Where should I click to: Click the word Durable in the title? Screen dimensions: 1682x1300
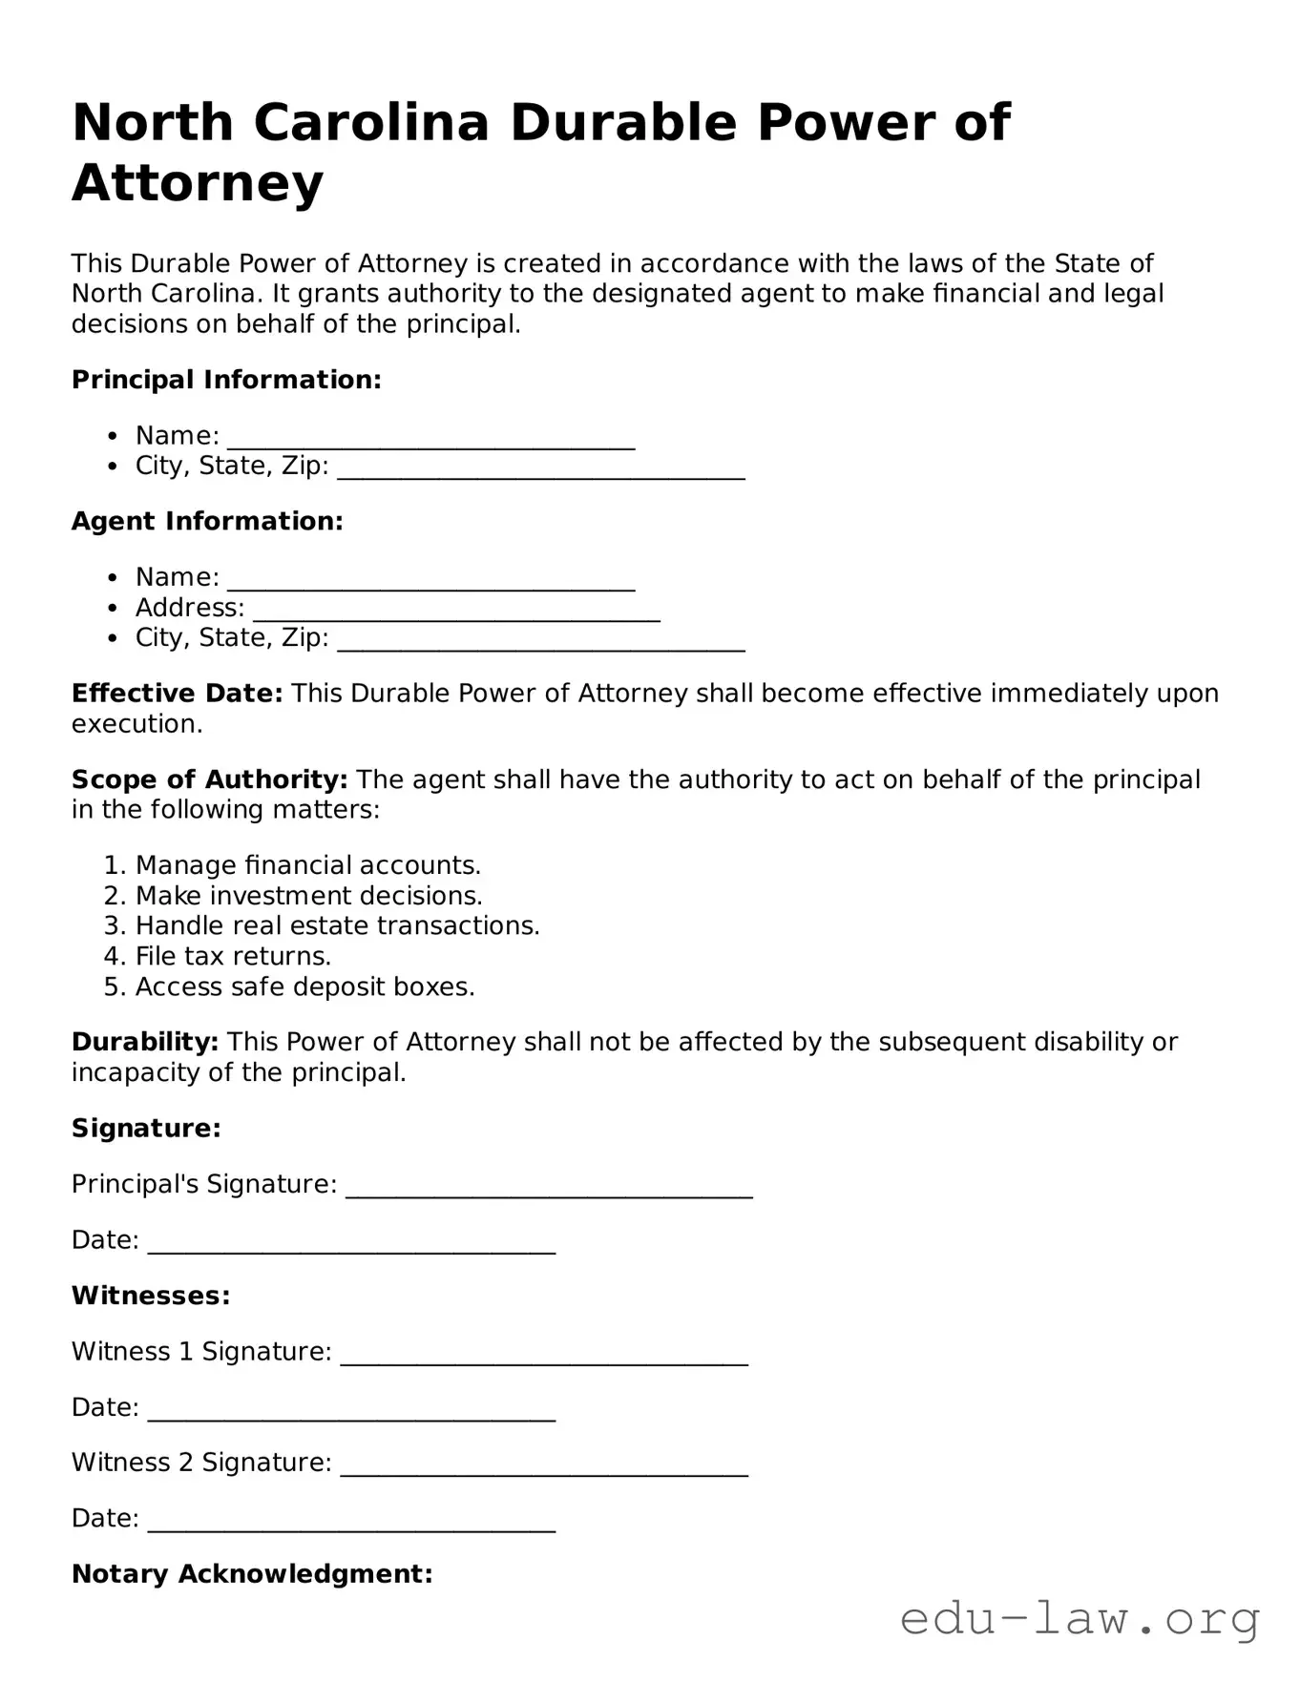click(x=623, y=123)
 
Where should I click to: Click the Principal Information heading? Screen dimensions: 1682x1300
click(x=226, y=380)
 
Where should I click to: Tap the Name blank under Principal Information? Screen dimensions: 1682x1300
click(x=430, y=439)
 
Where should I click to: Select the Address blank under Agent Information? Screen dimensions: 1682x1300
click(x=456, y=611)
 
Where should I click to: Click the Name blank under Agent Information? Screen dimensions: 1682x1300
click(x=430, y=580)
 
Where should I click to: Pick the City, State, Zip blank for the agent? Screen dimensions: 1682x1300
click(x=541, y=640)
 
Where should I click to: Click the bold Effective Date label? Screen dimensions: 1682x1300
click(x=177, y=694)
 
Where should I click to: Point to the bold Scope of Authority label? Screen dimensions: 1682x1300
click(x=209, y=779)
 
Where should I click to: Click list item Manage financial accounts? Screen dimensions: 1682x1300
click(x=307, y=865)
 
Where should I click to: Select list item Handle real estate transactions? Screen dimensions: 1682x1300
click(x=337, y=925)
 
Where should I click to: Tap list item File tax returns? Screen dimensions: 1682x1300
click(x=233, y=956)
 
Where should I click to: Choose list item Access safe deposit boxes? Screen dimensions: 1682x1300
click(x=304, y=986)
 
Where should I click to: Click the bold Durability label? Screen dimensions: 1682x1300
click(x=145, y=1042)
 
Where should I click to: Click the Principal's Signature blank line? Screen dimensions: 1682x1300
click(x=549, y=1188)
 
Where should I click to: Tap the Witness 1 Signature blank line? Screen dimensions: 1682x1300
click(x=544, y=1355)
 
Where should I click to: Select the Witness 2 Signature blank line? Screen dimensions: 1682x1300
click(x=544, y=1465)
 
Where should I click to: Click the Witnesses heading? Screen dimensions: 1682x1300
click(x=151, y=1296)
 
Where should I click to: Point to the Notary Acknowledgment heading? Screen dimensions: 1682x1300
click(x=252, y=1573)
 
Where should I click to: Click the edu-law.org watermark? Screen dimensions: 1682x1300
click(x=1080, y=1619)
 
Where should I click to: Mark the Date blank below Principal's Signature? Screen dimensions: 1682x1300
click(x=351, y=1243)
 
